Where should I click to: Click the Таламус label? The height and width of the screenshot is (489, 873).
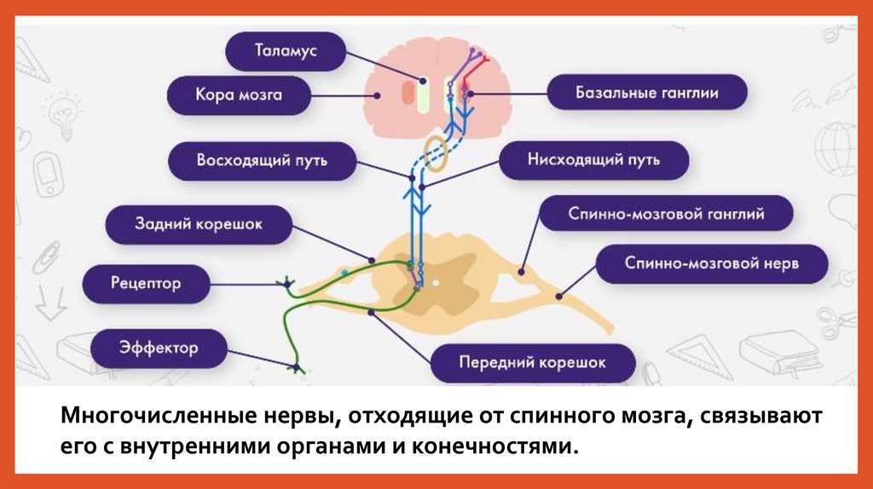285,52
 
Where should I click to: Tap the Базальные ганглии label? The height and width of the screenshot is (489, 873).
647,93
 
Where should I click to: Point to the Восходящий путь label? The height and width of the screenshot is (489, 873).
262,160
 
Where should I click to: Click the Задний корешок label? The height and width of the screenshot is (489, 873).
198,224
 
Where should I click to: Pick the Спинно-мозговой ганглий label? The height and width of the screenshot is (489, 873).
666,215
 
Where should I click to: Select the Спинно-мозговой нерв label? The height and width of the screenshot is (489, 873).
712,263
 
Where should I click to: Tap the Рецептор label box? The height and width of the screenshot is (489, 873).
145,283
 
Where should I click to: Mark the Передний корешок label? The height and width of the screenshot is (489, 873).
533,362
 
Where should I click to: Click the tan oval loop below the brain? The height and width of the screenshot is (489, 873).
437,153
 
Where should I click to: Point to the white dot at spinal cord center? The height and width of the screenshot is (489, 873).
436,280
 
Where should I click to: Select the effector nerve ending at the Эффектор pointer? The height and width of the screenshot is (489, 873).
297,368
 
